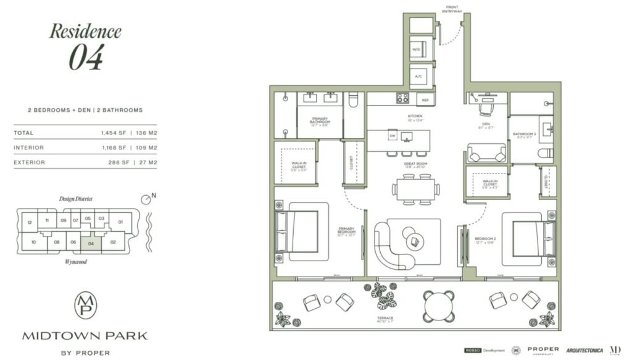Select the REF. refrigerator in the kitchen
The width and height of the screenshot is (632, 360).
coord(425,99)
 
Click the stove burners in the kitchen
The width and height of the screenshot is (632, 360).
coord(402,98)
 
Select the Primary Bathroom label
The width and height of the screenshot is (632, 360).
coord(320,120)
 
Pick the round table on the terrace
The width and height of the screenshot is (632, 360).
coord(439,305)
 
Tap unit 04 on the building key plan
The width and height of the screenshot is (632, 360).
coord(91,243)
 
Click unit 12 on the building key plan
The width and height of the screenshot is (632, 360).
coord(29,222)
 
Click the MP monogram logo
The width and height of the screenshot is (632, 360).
coord(85,306)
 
